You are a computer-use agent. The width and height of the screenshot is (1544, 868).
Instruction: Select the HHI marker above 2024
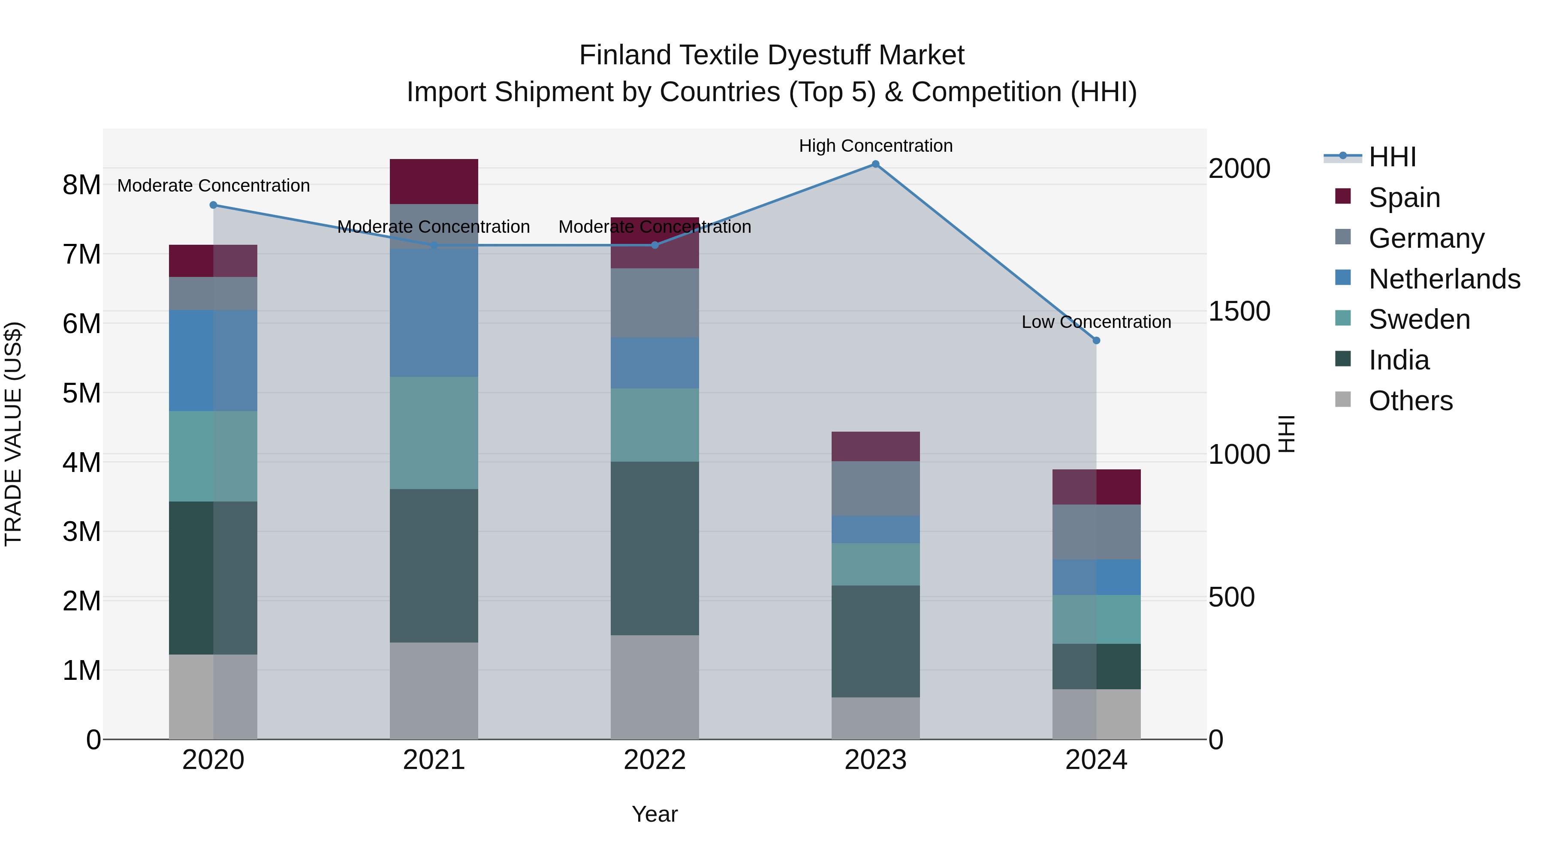1096,340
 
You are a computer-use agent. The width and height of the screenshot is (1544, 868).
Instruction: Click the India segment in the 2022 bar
654,548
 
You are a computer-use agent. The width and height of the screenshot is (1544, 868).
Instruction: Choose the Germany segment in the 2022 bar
654,303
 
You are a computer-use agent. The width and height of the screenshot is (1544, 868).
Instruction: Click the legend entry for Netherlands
1444,279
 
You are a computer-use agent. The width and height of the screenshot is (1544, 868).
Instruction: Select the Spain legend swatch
1343,196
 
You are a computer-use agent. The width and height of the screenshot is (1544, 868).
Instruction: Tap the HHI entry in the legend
1392,157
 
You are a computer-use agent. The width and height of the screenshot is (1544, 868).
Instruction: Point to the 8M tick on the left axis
81,185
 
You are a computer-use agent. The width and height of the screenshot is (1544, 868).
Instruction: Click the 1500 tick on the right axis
1239,312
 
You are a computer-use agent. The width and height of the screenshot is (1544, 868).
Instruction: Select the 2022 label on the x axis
654,760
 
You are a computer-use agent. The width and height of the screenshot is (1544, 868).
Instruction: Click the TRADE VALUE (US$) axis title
13,434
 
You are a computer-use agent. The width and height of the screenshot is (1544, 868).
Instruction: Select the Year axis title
654,814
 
